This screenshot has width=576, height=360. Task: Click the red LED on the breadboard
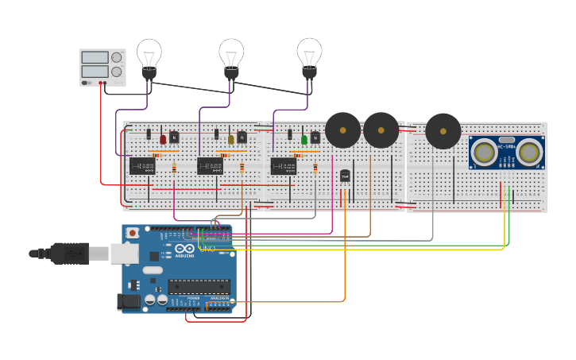point(163,139)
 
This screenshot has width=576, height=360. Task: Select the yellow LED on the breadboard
point(231,139)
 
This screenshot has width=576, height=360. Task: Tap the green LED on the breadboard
point(304,140)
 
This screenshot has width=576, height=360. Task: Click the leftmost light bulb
point(149,56)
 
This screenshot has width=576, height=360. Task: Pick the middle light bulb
point(231,56)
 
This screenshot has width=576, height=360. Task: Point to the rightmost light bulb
point(309,55)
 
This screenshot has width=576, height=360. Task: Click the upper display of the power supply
point(95,58)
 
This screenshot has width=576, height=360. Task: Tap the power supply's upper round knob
point(117,58)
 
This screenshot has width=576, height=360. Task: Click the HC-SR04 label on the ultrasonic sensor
point(506,146)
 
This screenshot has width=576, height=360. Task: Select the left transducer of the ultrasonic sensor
point(483,152)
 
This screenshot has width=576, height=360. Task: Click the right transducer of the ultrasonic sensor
point(530,152)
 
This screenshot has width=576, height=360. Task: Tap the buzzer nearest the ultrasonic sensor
point(443,131)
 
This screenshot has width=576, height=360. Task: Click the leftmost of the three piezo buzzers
point(342,130)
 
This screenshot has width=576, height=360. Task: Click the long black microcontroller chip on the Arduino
point(198,287)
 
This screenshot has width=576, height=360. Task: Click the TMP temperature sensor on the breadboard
point(345,176)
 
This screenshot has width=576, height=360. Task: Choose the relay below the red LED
point(142,166)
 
